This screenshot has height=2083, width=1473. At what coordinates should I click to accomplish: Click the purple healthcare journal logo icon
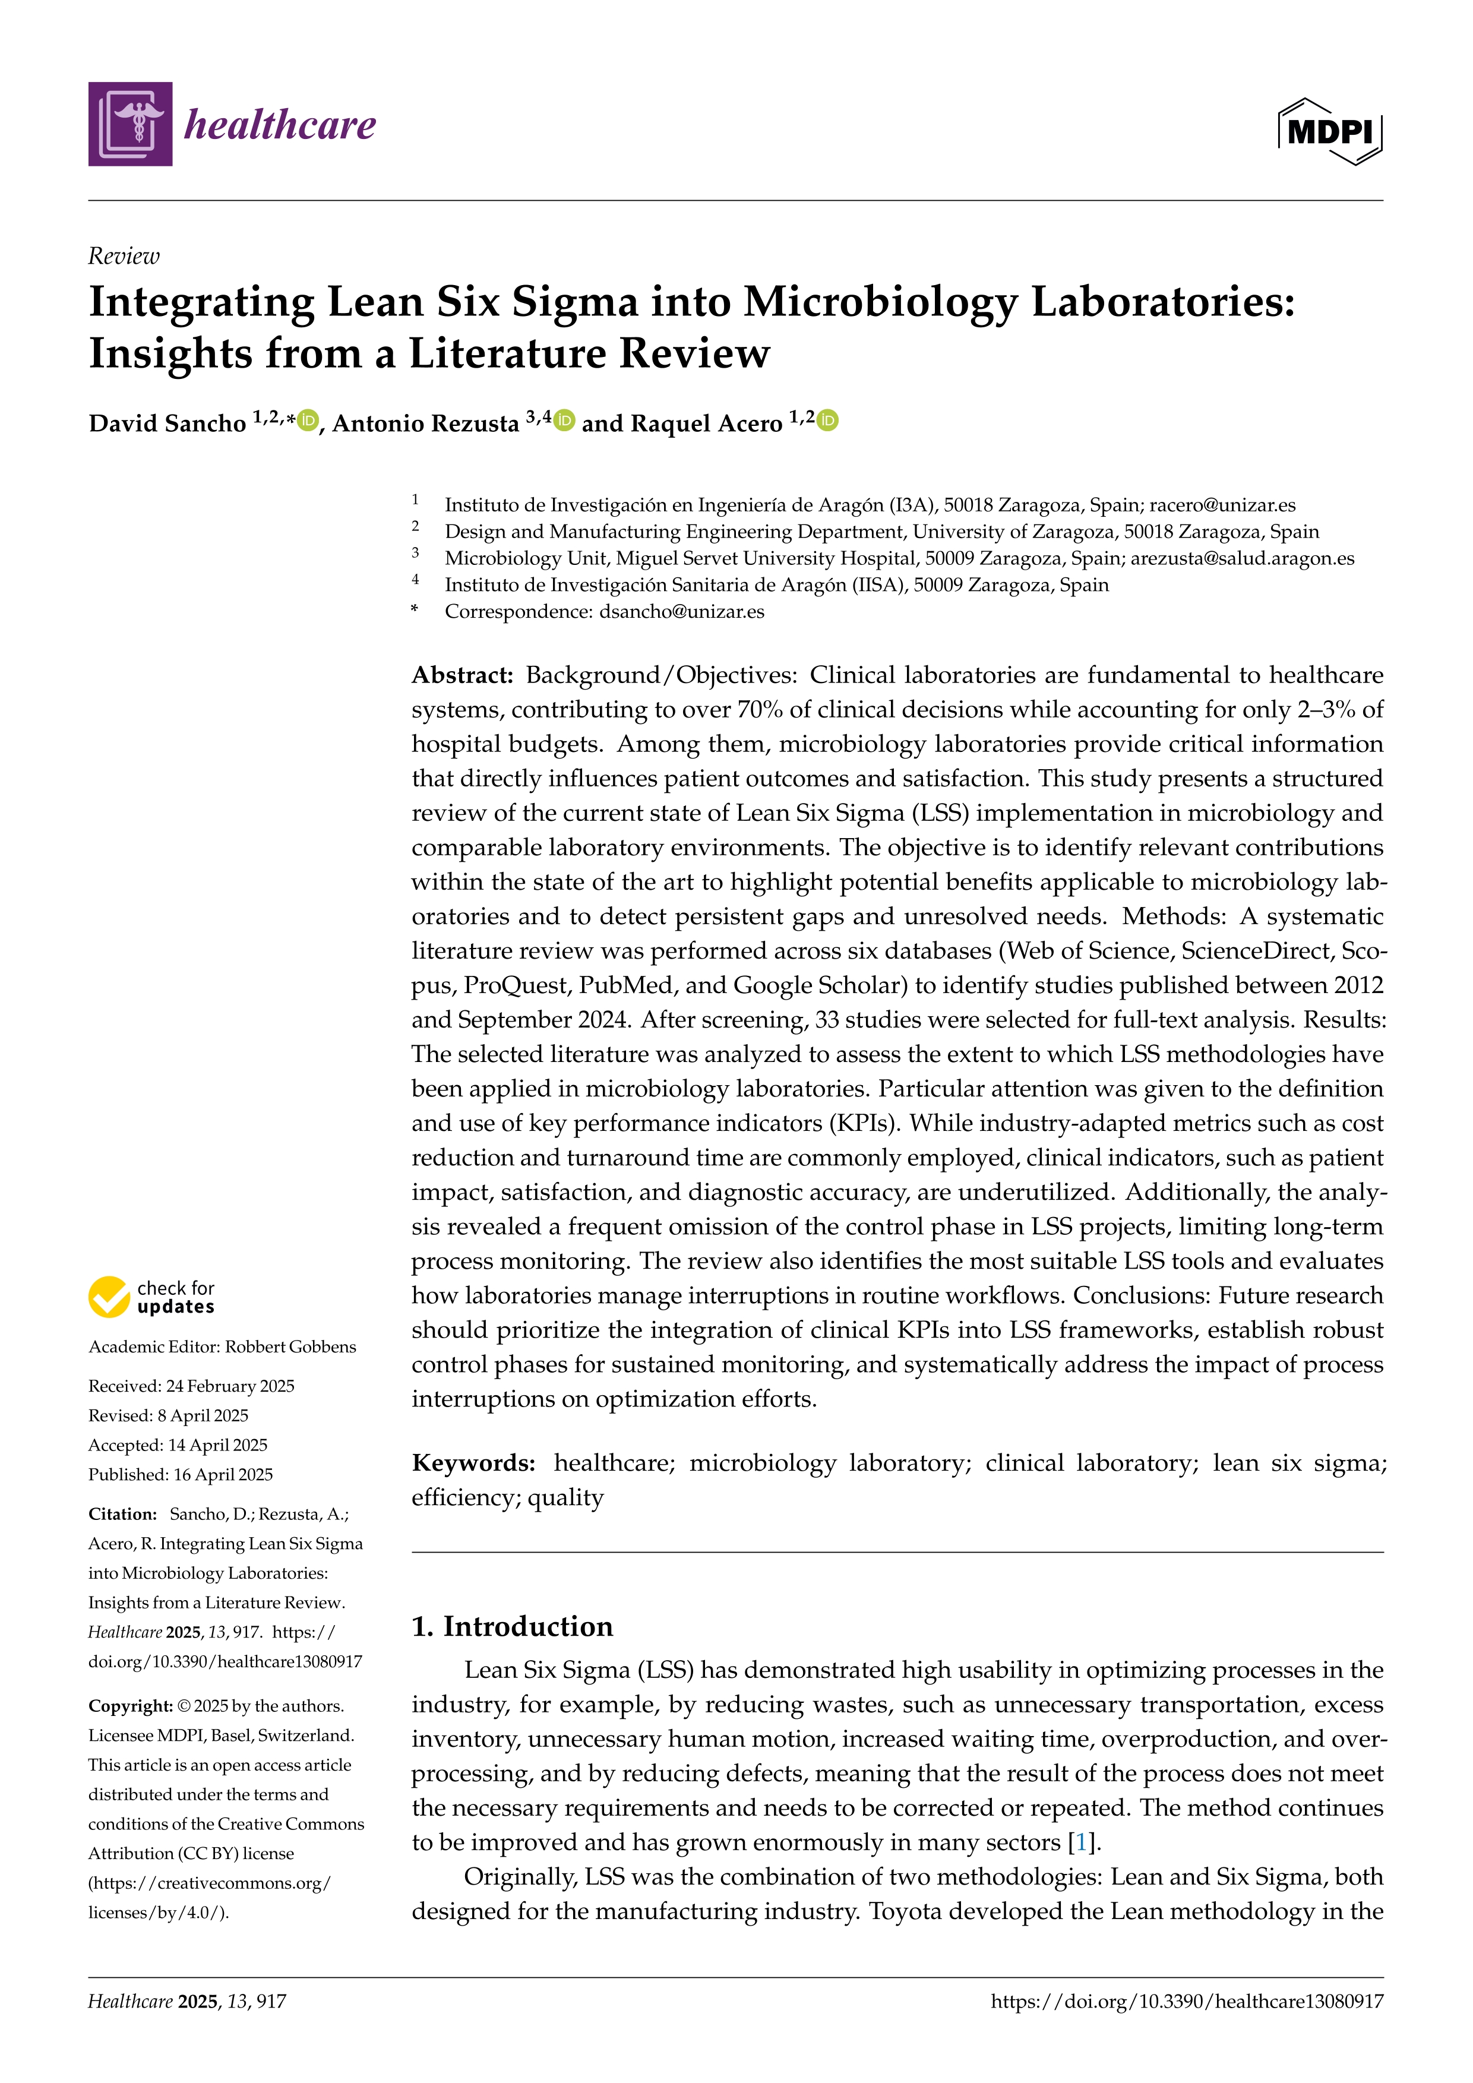point(129,124)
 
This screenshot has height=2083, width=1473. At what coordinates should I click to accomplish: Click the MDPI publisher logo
point(1330,131)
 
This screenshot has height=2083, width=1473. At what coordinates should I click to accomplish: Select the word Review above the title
point(124,257)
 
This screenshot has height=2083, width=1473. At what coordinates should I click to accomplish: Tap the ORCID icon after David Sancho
point(308,421)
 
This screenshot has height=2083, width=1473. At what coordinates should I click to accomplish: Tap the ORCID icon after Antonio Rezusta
point(564,421)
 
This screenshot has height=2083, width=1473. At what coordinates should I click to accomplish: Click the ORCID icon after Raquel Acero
point(827,421)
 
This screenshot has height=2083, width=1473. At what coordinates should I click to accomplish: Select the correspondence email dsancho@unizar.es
point(681,611)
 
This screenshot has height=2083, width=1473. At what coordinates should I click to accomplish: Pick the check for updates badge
point(151,1297)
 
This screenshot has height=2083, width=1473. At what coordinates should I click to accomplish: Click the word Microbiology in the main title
point(880,302)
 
